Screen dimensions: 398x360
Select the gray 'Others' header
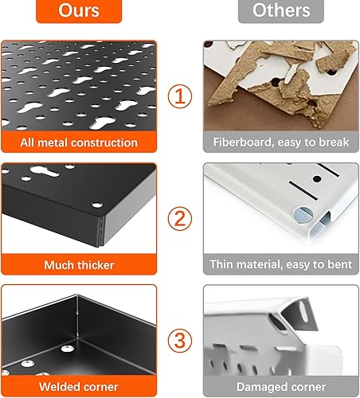pos(280,11)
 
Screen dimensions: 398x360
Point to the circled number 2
pos(180,218)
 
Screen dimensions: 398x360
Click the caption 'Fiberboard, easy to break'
pos(280,143)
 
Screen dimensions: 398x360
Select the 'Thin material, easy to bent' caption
pos(280,264)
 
